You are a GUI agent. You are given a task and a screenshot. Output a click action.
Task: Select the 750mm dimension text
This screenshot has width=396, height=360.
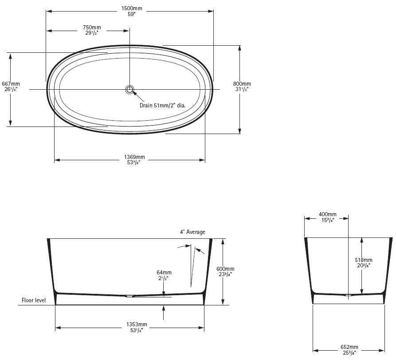point(92,28)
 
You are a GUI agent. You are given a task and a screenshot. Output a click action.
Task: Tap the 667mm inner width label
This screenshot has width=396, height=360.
point(11,83)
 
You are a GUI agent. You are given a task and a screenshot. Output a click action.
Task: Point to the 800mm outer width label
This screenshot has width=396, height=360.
point(242,83)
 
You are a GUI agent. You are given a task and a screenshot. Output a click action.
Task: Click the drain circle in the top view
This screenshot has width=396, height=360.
point(130,89)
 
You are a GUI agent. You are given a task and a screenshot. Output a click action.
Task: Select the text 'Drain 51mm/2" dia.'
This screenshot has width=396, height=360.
point(162,105)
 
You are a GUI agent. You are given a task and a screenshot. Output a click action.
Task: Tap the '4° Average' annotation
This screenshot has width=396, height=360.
point(192,232)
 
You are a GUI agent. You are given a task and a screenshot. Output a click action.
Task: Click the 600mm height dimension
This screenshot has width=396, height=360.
point(226,269)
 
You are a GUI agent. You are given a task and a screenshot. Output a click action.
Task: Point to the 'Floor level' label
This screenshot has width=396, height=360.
point(34,301)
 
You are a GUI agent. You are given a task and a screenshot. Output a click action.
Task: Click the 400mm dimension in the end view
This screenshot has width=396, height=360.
point(327,214)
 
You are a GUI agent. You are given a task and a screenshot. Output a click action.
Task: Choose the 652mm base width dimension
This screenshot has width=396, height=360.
point(349,347)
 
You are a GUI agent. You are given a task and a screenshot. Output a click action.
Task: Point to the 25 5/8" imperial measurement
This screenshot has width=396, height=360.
point(349,352)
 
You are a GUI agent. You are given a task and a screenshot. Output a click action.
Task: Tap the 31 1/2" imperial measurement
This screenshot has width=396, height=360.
point(242,89)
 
